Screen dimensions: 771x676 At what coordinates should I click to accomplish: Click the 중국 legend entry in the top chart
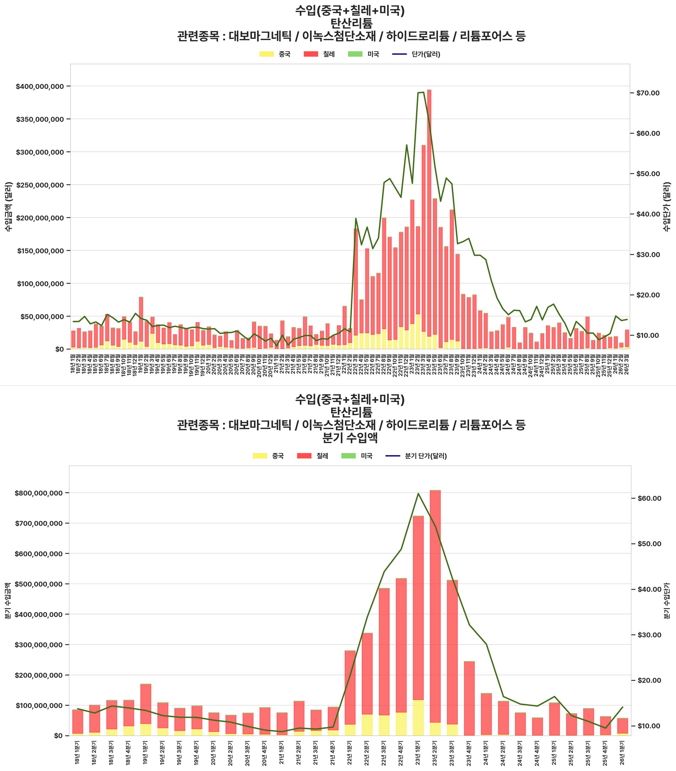(x=275, y=54)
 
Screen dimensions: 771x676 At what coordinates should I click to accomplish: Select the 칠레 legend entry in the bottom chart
(x=312, y=456)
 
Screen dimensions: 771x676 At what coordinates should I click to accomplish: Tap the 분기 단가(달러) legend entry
(x=416, y=456)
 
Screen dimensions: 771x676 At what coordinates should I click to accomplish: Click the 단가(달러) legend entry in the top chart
(x=416, y=54)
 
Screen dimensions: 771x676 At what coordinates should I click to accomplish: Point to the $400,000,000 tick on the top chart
(x=39, y=86)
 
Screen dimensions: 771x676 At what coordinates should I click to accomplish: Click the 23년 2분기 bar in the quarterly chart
(x=435, y=611)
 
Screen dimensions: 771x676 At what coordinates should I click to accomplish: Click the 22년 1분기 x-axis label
(x=350, y=753)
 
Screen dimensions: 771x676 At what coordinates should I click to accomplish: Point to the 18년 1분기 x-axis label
(x=77, y=753)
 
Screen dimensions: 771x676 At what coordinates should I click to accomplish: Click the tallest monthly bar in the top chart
(x=429, y=219)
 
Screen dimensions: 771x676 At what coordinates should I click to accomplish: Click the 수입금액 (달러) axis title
(x=8, y=206)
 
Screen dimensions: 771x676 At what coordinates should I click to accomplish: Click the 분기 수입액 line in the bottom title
(x=351, y=438)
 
